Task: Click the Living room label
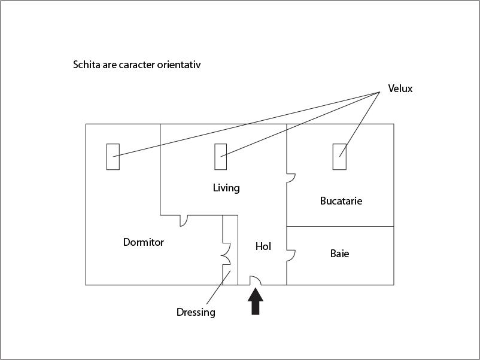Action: click(x=226, y=188)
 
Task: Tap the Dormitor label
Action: click(x=144, y=242)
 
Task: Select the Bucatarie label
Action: click(x=341, y=201)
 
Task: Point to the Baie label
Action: click(x=339, y=254)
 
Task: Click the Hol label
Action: click(x=263, y=246)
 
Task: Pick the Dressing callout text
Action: click(x=196, y=313)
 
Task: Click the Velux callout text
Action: click(x=400, y=89)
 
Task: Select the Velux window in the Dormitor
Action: click(x=113, y=157)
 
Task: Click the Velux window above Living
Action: click(x=221, y=157)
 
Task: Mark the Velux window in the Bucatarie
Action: click(x=339, y=157)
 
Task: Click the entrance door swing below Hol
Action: click(x=256, y=280)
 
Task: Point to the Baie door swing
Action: click(x=291, y=256)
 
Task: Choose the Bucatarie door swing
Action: click(x=291, y=178)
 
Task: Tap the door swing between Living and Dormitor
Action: click(x=183, y=221)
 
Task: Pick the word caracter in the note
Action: click(x=137, y=65)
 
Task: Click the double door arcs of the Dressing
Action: click(x=226, y=254)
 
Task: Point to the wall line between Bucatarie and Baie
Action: click(x=340, y=226)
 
